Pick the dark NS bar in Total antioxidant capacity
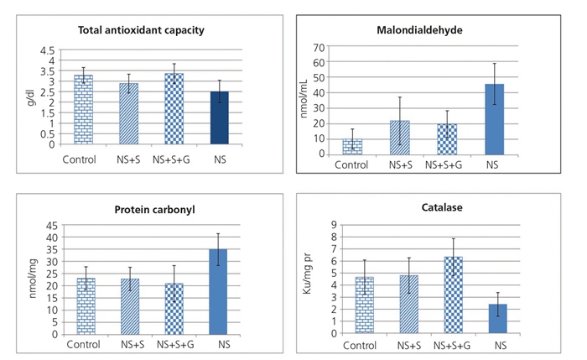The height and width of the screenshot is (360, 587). click(219, 118)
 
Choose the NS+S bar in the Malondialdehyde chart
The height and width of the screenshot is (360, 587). click(401, 137)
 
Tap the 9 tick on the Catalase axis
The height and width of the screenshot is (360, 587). click(334, 225)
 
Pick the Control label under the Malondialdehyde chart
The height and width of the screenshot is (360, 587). click(351, 164)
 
